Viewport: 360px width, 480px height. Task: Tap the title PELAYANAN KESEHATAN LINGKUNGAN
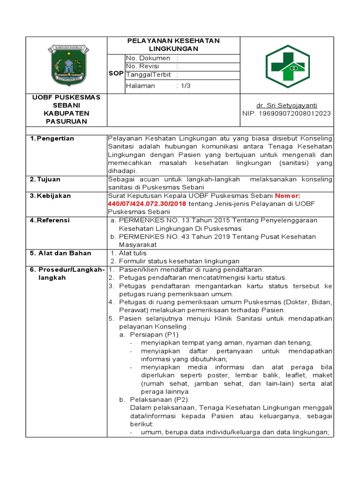point(173,45)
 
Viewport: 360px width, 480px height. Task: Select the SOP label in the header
point(116,74)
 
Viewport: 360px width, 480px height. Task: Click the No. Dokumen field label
point(148,58)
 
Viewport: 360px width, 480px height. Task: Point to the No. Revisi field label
point(143,67)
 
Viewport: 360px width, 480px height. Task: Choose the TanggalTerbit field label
point(149,75)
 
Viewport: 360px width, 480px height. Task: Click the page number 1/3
point(186,86)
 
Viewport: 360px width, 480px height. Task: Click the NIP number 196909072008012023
point(287,113)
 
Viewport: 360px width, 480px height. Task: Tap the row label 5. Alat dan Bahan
point(58,253)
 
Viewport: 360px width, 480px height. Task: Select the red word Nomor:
point(291,196)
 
